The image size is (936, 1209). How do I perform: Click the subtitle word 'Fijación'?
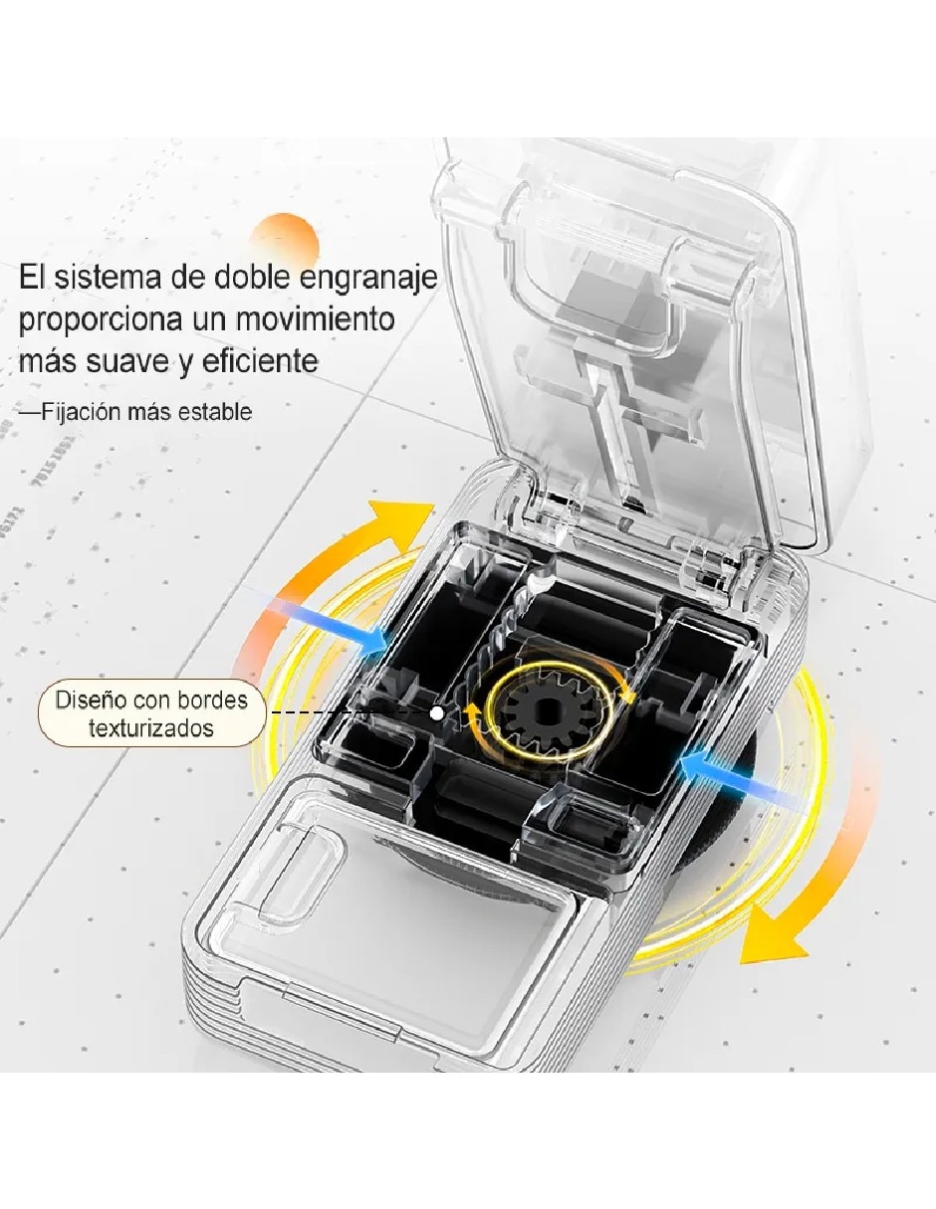(x=81, y=413)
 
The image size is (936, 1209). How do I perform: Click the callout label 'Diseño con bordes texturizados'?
(x=151, y=713)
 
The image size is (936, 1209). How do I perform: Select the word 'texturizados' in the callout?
(x=151, y=727)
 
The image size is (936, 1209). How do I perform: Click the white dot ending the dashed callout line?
(x=437, y=712)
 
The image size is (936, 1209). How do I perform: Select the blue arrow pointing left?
(x=740, y=778)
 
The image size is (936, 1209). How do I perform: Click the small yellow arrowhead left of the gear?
(x=472, y=711)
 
